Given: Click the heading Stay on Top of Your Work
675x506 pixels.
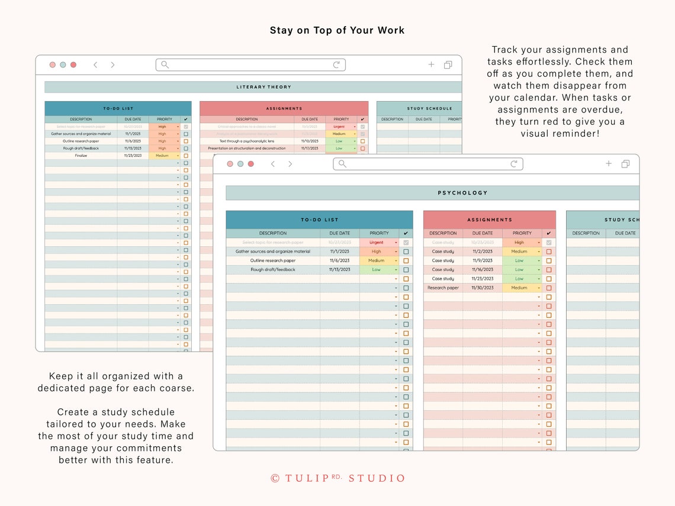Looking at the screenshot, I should click(x=337, y=30).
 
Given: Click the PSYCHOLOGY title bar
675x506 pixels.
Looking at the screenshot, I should click(x=462, y=193).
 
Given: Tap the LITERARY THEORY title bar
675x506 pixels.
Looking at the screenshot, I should click(x=264, y=87).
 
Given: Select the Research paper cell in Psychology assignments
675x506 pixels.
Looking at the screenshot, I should click(x=443, y=288).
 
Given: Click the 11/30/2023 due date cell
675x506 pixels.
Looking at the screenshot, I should click(x=482, y=288).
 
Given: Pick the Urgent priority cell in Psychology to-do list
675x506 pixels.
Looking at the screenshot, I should click(x=377, y=243).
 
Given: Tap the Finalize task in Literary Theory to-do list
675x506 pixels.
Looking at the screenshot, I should click(x=81, y=156).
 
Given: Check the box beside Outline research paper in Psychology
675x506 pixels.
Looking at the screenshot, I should click(x=406, y=261).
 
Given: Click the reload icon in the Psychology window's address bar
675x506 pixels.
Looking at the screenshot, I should click(x=514, y=164).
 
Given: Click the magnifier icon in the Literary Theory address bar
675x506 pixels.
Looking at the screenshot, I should click(x=165, y=65).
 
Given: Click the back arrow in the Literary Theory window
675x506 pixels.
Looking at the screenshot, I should click(x=95, y=65).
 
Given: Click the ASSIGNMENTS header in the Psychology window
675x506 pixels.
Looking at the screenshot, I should click(x=489, y=220).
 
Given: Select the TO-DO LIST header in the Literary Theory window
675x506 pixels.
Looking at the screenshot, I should click(x=118, y=108).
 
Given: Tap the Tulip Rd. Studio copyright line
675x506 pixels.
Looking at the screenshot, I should click(x=337, y=478).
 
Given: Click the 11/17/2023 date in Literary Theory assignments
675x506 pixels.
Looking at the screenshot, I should click(x=310, y=149).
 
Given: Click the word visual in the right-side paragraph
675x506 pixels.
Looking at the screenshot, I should click(x=538, y=134).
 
